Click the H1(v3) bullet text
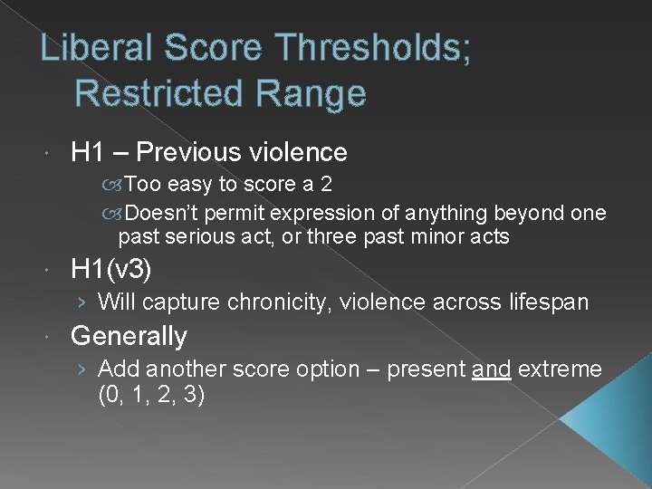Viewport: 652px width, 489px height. coord(111,269)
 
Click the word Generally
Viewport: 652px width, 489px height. coord(129,336)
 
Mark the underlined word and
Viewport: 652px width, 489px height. coord(491,369)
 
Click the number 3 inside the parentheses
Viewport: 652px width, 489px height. coord(190,394)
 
